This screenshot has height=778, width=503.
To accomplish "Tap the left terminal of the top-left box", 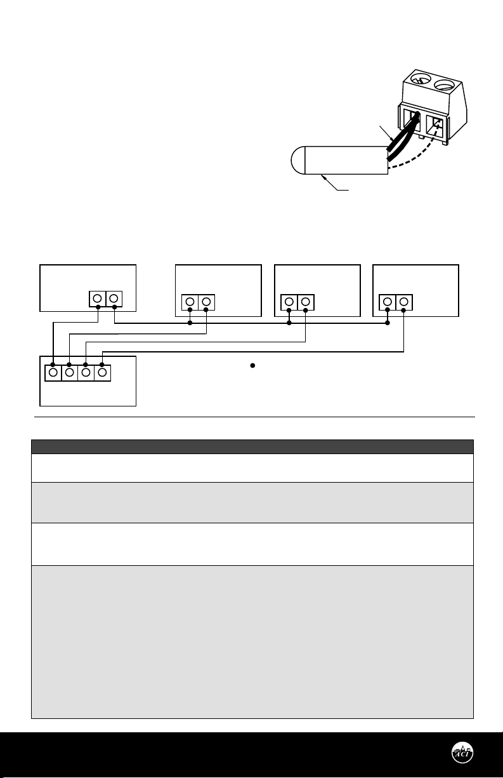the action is [98, 298].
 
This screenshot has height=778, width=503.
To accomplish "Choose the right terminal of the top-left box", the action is [114, 298].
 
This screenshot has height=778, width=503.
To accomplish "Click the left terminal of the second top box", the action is [190, 302].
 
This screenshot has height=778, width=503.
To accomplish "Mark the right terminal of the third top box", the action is [305, 302].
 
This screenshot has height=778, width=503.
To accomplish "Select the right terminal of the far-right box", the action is [404, 302].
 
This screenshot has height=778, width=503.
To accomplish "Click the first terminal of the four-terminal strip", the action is [53, 372].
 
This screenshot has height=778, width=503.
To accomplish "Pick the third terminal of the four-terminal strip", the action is [86, 372].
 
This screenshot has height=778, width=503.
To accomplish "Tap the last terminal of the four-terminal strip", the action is [103, 372].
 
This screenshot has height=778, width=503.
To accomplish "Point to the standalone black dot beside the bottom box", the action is [252, 367].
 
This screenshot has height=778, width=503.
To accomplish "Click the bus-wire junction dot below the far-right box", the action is [388, 323].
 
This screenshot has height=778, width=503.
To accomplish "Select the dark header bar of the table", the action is [252, 446].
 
